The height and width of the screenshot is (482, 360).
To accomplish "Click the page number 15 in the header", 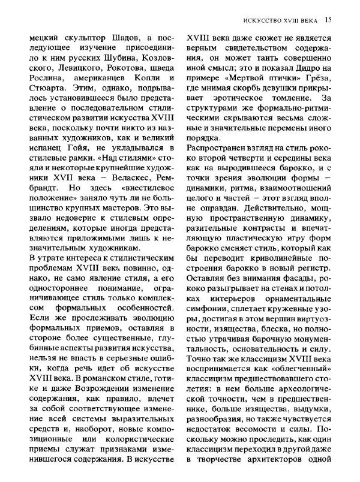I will point(328,19).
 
